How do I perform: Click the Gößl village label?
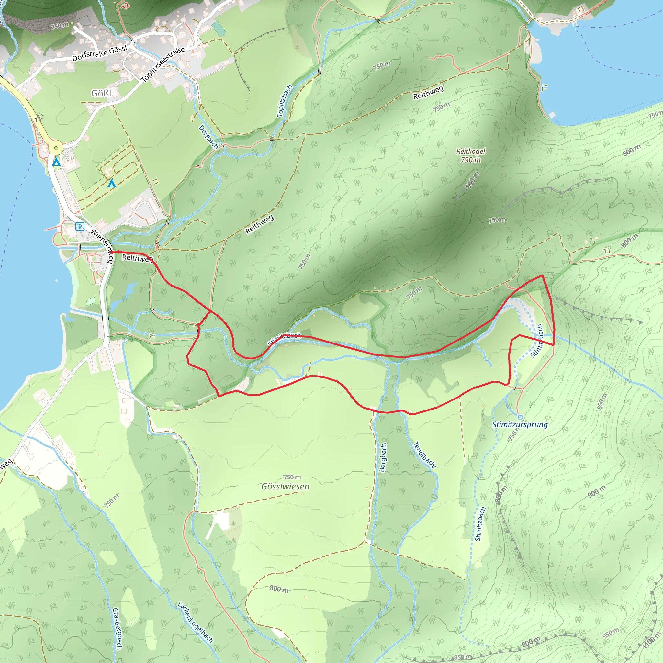101,93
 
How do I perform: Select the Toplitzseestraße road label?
163,64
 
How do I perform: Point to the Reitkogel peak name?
470,151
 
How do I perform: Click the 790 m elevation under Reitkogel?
470,160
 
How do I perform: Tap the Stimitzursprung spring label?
520,425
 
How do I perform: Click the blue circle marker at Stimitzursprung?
520,417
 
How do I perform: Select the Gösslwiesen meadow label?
285,487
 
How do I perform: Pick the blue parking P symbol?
80,227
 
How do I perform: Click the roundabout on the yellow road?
56,148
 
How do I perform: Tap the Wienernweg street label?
102,245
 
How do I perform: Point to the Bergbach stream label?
383,457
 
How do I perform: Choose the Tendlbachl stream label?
424,455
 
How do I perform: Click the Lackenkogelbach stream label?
195,622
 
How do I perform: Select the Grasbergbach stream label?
117,628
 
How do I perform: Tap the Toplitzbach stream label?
285,101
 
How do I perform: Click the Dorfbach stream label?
208,137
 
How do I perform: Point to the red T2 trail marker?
126,5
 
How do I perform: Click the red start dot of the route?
112,252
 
